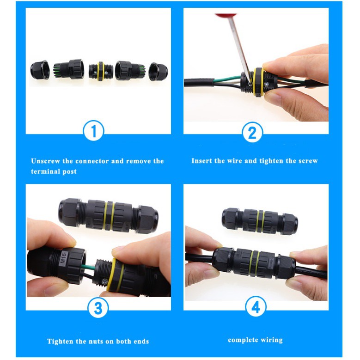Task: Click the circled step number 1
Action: (93, 131)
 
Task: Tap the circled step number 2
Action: (252, 132)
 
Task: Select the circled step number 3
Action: (98, 308)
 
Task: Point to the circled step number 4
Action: (256, 306)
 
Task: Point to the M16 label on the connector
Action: (64, 258)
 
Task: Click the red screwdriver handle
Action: (226, 16)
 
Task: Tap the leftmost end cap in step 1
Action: (40, 70)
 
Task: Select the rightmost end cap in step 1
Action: (158, 72)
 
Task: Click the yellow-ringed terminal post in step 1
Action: (101, 71)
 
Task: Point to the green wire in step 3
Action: (88, 267)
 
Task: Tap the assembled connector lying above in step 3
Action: (108, 216)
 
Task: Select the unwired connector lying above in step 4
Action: (260, 221)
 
